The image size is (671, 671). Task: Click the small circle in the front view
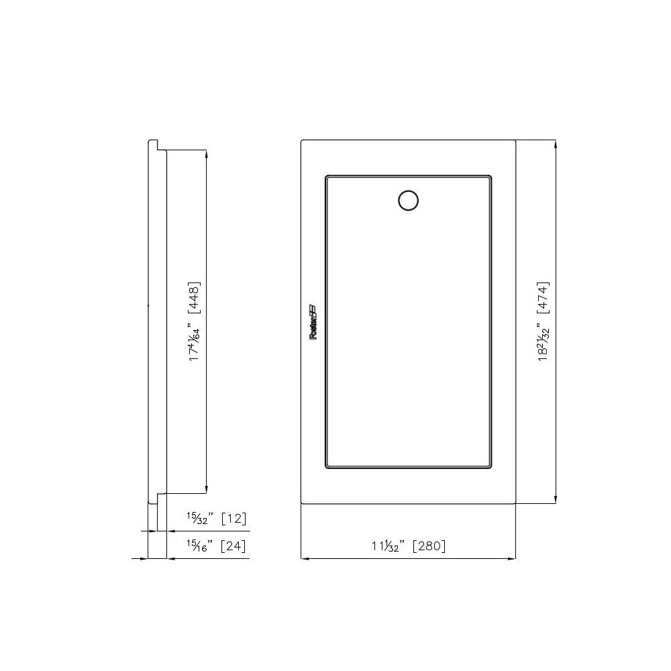click(408, 200)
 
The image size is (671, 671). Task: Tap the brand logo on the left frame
click(313, 323)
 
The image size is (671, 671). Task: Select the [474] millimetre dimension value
click(544, 296)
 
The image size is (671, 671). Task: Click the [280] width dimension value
click(429, 546)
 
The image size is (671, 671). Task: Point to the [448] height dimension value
click(195, 296)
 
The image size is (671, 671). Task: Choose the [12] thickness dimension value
click(234, 519)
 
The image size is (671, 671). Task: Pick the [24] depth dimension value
click(233, 546)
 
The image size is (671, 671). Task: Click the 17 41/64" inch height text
click(195, 344)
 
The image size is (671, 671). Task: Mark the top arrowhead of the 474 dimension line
click(555, 144)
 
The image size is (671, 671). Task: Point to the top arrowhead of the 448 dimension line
click(205, 154)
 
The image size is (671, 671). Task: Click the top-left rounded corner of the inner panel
click(327, 178)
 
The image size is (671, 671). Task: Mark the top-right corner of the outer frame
click(515, 141)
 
